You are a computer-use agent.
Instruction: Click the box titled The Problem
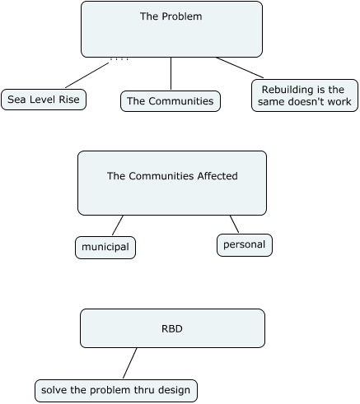tap(171, 29)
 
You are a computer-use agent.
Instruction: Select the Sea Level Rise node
tap(44, 100)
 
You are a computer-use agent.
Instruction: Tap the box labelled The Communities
tap(171, 101)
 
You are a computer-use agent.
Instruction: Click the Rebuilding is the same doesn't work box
tap(305, 95)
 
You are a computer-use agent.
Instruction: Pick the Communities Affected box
tap(172, 183)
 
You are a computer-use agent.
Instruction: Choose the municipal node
tap(105, 248)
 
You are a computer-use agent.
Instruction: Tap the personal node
tap(245, 245)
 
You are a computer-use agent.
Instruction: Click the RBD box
tap(172, 328)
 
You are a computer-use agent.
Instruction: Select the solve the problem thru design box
tap(116, 391)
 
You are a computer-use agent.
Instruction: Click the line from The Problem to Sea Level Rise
tap(87, 75)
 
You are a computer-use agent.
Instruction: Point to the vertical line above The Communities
tap(171, 73)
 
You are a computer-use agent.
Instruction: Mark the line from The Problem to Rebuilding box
tap(240, 67)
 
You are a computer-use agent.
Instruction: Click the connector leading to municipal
tap(118, 225)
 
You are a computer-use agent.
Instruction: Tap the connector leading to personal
tap(234, 224)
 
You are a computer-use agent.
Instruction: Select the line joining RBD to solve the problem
tap(129, 363)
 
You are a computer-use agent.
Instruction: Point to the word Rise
tap(71, 100)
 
